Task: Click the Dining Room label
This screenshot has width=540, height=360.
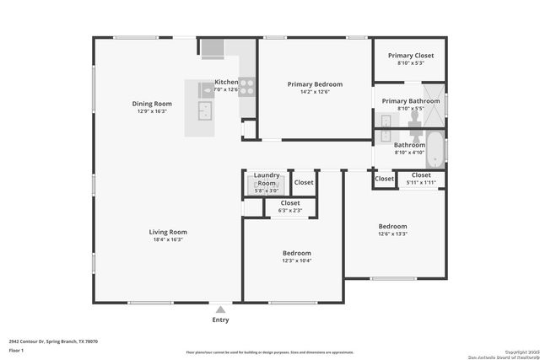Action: (152, 104)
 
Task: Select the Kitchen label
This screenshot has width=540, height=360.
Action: (226, 82)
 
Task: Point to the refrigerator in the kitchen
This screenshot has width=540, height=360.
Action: (212, 47)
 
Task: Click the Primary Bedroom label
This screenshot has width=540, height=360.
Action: (315, 84)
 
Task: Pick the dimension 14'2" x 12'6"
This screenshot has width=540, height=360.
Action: (315, 93)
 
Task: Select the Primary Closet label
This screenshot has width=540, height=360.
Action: (411, 56)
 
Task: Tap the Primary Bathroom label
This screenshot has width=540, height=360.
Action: (411, 101)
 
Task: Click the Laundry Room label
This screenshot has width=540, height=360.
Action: (266, 180)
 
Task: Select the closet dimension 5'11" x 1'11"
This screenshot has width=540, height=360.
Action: (421, 182)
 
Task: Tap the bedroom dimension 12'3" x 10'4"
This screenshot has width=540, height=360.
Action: (296, 261)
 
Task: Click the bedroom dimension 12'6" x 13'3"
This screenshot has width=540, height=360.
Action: (392, 234)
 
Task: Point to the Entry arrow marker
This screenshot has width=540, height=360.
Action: (220, 309)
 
